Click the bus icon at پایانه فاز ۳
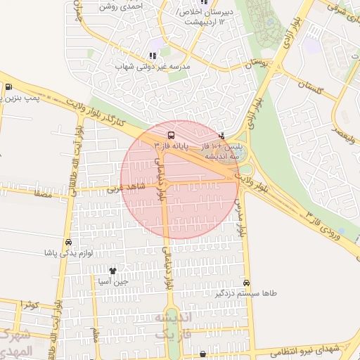click(x=171, y=134)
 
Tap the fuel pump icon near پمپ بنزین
click(x=8, y=87)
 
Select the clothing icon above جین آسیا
click(x=112, y=270)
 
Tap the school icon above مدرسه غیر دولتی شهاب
click(x=152, y=56)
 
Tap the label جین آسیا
click(x=112, y=281)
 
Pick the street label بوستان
click(x=258, y=63)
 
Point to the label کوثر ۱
click(x=29, y=304)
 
